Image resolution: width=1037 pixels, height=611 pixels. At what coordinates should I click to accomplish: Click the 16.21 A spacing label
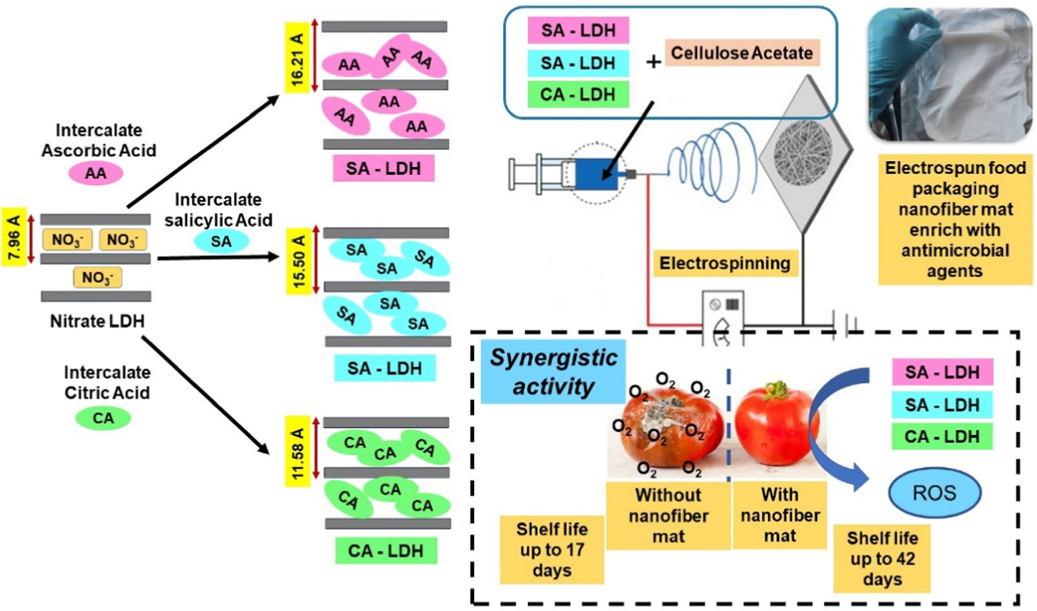click(297, 58)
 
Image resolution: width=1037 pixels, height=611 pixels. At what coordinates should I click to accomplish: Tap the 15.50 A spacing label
click(298, 260)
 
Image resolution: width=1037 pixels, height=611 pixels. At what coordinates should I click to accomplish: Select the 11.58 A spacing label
click(297, 451)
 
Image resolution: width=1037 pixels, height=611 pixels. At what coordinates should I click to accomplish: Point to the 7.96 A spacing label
click(13, 238)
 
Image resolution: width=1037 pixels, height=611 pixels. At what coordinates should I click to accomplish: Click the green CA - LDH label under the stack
click(386, 551)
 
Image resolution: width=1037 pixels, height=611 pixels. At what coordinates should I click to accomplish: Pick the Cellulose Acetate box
click(741, 53)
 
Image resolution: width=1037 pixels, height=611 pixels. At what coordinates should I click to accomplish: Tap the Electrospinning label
click(725, 263)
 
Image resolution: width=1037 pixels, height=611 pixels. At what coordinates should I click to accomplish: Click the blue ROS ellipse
click(934, 493)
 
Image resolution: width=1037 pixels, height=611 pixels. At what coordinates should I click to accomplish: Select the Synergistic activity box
click(553, 372)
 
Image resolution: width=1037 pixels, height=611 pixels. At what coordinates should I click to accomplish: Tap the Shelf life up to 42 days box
click(882, 558)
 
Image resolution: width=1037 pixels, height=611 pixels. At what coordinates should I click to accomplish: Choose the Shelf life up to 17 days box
click(551, 549)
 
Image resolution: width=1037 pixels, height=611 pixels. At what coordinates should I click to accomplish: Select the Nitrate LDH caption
click(97, 321)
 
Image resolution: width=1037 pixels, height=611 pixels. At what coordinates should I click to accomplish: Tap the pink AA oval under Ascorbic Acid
click(95, 173)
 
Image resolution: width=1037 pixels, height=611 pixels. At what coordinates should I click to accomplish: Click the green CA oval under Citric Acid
click(103, 418)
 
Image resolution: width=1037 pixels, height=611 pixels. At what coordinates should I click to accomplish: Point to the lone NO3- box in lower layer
click(97, 278)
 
